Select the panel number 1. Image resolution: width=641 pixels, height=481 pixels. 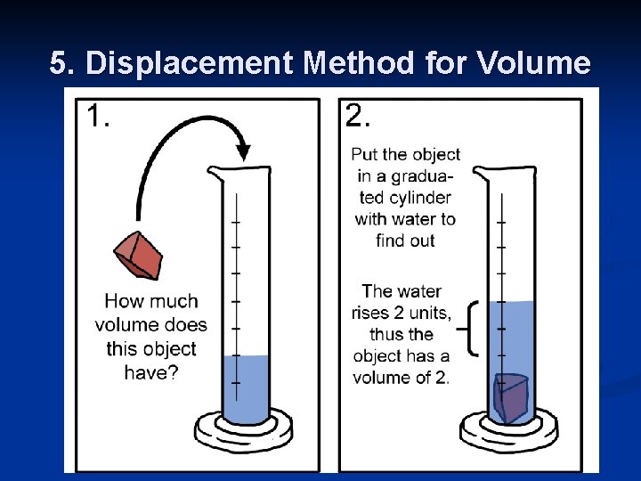click(x=98, y=117)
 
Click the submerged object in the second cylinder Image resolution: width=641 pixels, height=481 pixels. click(x=510, y=397)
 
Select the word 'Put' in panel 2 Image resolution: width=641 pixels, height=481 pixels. click(x=368, y=154)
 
